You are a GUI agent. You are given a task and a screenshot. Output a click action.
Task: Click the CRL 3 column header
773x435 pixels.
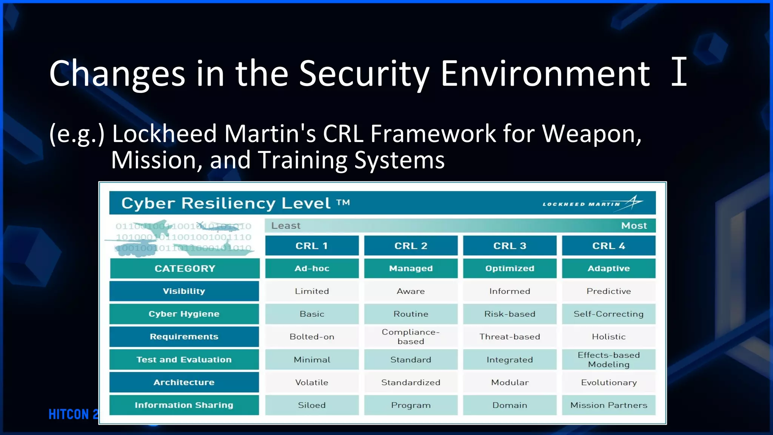point(510,246)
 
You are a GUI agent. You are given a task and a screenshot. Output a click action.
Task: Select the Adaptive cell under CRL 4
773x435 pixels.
point(608,268)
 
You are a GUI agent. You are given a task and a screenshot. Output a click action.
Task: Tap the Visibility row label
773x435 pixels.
point(184,291)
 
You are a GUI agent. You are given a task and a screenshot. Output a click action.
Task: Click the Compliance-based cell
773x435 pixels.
point(411,336)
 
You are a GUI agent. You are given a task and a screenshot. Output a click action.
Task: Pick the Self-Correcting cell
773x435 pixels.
point(608,314)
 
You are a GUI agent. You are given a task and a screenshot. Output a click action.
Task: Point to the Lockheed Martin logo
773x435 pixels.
point(593,203)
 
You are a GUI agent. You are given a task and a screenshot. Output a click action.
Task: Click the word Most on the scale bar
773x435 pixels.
point(634,226)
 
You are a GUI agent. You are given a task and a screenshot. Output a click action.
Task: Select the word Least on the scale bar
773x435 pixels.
point(286,226)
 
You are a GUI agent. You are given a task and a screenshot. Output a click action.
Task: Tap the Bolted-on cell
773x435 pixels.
point(312,336)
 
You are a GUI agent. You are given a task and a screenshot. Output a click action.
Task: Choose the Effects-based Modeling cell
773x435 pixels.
point(608,359)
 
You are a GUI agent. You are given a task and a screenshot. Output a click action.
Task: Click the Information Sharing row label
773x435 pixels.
point(184,405)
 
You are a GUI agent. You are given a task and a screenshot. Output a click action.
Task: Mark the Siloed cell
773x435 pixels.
point(312,405)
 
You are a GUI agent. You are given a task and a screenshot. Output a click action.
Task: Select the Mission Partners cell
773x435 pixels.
point(608,405)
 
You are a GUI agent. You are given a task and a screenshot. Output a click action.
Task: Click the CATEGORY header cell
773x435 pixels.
point(185,268)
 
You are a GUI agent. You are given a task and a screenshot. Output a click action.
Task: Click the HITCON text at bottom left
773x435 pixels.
point(72,414)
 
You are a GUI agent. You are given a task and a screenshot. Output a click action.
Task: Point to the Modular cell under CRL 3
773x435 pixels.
point(510,382)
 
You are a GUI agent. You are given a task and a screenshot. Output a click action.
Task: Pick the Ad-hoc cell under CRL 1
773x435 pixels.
point(312,268)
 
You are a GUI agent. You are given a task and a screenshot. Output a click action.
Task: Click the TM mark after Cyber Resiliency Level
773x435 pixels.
point(343,202)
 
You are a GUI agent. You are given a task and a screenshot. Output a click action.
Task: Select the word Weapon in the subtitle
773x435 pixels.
point(591,134)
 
